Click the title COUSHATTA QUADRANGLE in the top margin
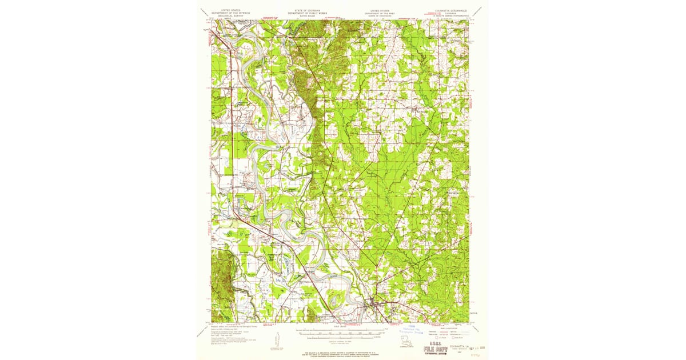coord(450,10)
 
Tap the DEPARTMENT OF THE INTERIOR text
coord(228,13)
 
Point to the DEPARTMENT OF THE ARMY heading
coord(382,13)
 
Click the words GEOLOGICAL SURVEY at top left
coord(228,16)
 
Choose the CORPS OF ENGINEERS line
coord(382,16)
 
